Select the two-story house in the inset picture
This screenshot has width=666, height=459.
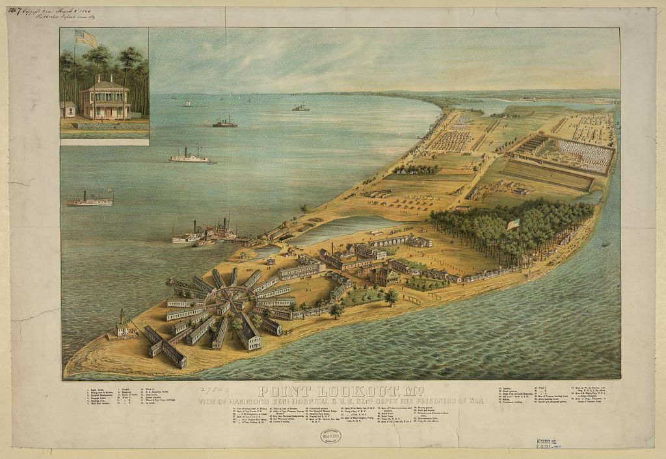104,98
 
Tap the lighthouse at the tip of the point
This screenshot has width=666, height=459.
121,323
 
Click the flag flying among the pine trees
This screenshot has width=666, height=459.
513,224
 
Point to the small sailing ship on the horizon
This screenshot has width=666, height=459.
187,103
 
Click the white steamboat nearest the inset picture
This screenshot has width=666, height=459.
189,156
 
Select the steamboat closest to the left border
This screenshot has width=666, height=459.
88,200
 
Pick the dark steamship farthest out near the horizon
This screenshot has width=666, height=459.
300,108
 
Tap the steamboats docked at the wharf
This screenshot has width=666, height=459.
205,233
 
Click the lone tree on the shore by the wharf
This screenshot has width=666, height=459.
304,209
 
